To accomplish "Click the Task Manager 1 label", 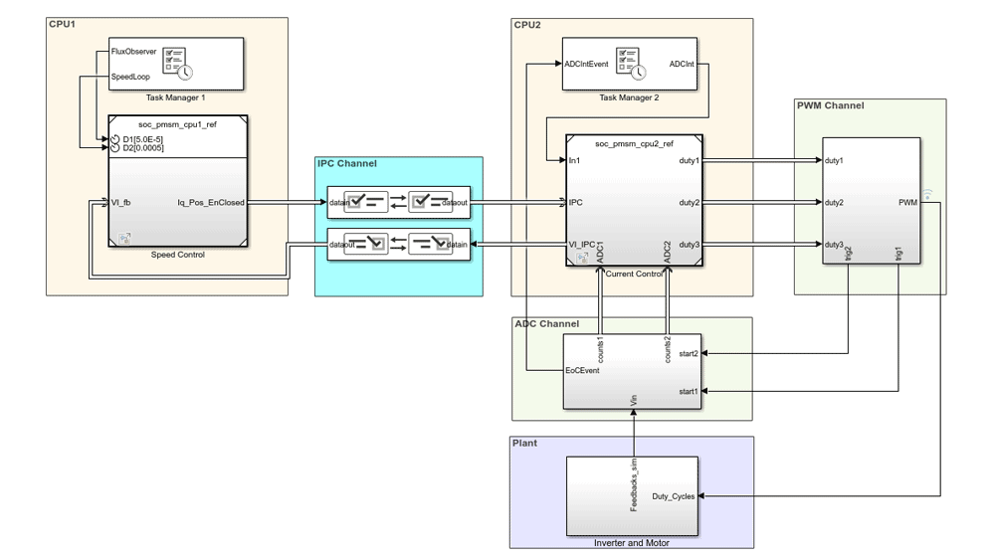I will [x=175, y=97].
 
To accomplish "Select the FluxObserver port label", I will [x=133, y=52].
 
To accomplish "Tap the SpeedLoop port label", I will [x=130, y=76].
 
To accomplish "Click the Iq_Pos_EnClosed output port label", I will [x=210, y=203].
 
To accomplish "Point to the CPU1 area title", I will [x=63, y=24].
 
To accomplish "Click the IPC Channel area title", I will [x=346, y=164].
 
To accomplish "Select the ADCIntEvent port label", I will [x=585, y=64].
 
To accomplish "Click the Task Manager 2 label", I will [x=629, y=97].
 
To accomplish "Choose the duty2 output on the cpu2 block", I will [x=689, y=203].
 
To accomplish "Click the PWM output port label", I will [x=907, y=203].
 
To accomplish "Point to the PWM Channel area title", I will [x=830, y=105].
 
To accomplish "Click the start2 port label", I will [x=688, y=353].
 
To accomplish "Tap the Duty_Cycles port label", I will [x=674, y=496].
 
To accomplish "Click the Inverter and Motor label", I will [x=632, y=543].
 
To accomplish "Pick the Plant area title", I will [x=524, y=443].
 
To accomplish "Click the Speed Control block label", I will [x=177, y=255].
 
